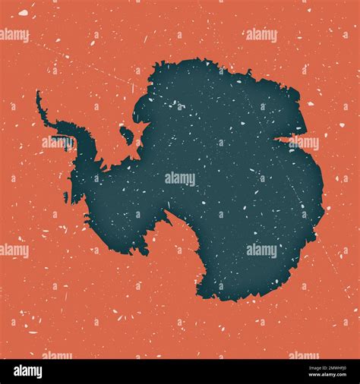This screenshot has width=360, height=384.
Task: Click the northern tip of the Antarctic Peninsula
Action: (38, 93)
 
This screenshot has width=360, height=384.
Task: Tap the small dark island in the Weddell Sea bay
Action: (127, 135)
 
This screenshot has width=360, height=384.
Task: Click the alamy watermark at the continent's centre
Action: (180, 178)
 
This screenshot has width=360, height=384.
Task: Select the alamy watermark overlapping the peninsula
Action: (58, 142)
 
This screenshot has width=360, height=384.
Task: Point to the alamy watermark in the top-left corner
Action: (14, 35)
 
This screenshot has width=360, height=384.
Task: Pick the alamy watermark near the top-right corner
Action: (261, 35)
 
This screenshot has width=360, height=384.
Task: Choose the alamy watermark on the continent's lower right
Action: (261, 250)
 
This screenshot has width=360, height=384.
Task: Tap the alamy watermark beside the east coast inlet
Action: (303, 142)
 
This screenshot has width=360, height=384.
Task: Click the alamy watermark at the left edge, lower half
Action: (14, 250)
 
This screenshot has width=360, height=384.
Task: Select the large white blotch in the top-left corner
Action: (23, 13)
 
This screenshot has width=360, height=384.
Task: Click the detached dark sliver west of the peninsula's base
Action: (66, 197)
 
